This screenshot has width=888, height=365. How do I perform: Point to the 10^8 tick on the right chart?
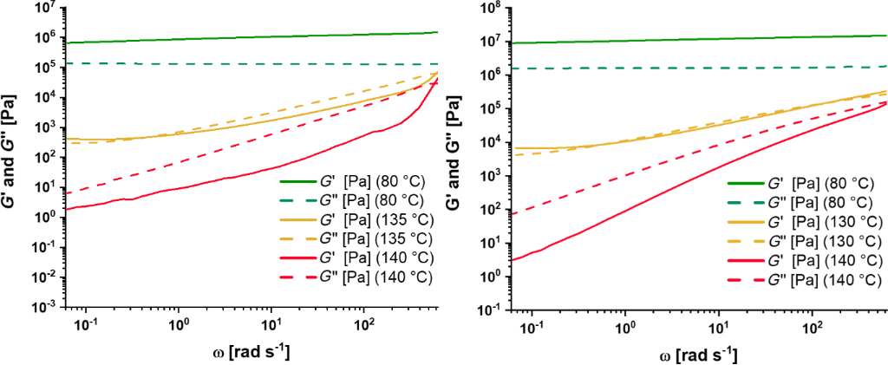click(491, 10)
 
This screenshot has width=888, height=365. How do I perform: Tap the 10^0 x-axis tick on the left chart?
click(179, 323)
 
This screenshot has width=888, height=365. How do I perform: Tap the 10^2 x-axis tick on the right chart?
click(812, 327)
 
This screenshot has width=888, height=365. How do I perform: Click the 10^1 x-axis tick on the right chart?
click(717, 327)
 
